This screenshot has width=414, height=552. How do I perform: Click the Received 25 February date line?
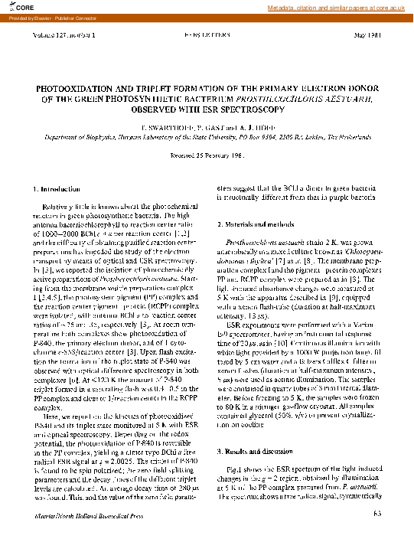click(207, 155)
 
